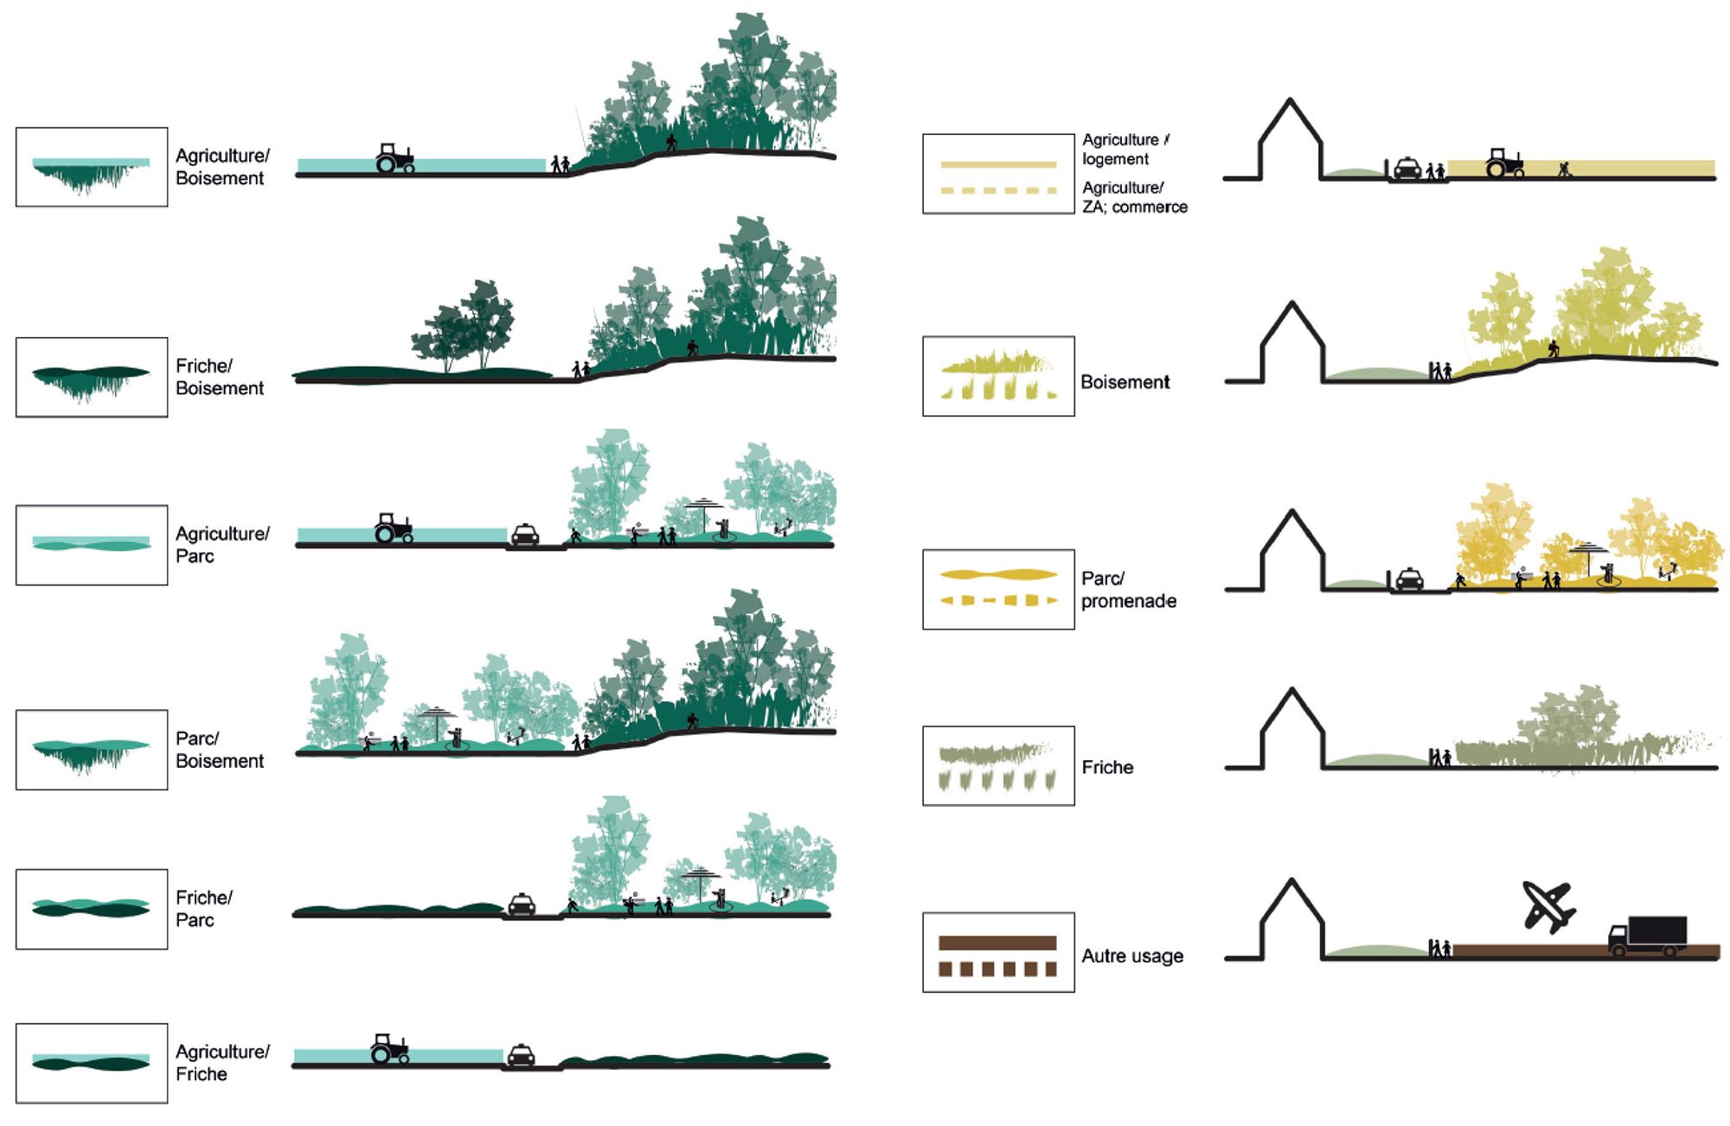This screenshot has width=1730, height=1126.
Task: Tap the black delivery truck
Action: coord(1648,936)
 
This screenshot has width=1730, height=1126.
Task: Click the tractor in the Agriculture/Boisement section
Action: coord(394,158)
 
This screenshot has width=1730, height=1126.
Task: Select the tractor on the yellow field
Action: coord(1504,163)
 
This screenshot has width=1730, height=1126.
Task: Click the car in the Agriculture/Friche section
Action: coord(521,1055)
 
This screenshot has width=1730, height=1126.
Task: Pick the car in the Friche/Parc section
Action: coord(521,905)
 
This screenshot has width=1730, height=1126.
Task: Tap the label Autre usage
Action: coord(1131,956)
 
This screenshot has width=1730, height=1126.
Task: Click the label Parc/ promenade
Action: coord(1128,589)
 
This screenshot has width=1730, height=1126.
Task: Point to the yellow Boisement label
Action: coord(1124,382)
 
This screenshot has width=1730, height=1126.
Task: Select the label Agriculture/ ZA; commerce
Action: coord(1134,197)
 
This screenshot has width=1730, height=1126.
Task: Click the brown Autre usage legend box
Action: coord(998,952)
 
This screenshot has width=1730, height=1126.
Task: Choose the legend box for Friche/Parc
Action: coord(92,909)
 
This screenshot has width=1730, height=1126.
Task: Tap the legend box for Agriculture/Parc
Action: coord(92,545)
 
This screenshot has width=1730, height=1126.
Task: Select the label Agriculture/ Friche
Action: coord(222,1063)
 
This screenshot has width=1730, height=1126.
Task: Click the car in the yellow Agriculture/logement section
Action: coord(1407,168)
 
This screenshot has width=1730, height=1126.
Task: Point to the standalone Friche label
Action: coord(1107,767)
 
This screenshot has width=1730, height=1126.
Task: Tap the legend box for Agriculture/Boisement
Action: coord(92,167)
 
